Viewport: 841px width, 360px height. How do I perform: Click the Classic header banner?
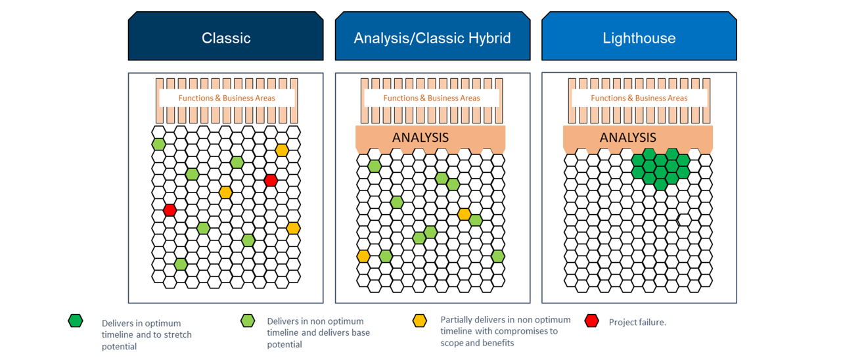225,37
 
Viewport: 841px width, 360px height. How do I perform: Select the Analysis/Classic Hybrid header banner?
432,37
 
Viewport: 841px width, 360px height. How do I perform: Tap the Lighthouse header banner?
639,37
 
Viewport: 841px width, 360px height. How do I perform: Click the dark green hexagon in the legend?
76,321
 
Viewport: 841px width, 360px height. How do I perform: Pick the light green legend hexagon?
248,321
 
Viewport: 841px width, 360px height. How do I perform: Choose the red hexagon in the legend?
592,321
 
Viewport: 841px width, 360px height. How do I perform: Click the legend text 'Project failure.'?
637,323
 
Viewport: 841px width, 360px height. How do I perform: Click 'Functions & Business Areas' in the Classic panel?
227,99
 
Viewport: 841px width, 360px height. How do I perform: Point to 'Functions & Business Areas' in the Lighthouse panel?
639,99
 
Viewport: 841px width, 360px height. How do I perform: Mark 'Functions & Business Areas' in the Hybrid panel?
432,99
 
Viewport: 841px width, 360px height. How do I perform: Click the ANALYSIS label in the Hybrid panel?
420,137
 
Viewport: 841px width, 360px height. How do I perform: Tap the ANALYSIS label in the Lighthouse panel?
628,137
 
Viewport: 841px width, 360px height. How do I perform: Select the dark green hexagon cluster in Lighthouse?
660,168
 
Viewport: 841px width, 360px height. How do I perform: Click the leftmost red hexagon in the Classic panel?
170,210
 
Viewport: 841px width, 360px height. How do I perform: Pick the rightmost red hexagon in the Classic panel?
270,180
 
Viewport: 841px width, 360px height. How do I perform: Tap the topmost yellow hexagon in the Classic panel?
282,150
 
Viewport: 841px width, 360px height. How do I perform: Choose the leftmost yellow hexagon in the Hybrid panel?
363,256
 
